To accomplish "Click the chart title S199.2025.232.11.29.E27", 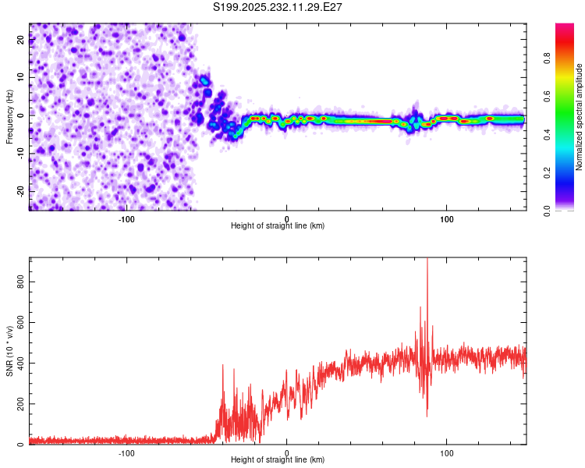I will point(278,7).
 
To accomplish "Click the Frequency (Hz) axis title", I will point(9,116).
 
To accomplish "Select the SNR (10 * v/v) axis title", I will point(9,350).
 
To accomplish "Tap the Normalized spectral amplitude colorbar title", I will point(580,117).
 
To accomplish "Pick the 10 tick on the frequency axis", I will point(21,78).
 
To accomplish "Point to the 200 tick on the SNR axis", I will point(21,403).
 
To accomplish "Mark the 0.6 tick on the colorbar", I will point(568,96).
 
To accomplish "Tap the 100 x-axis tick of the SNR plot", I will point(447,453).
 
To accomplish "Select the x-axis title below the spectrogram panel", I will point(278,226).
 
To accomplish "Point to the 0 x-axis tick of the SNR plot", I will point(287,453).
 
